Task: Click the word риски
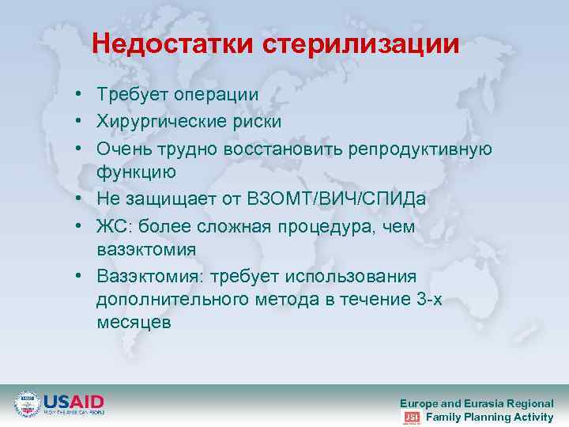click(258, 122)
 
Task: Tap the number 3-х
click(431, 300)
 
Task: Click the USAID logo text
click(73, 401)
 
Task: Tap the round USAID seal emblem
click(28, 403)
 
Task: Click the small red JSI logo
click(411, 417)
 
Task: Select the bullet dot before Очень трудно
click(81, 149)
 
